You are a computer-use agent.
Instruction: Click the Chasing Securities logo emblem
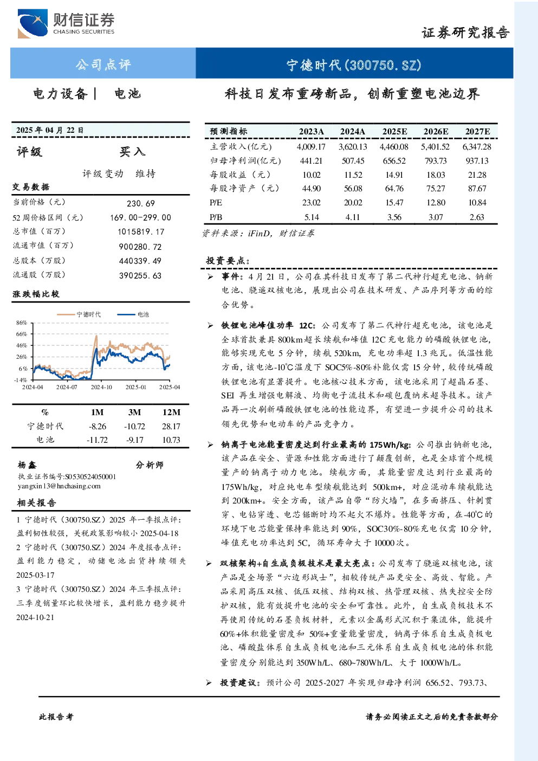coord(33,23)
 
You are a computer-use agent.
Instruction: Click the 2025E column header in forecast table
coord(394,132)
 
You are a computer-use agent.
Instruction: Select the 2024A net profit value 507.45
coord(353,160)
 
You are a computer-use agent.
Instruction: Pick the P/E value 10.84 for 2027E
coord(477,203)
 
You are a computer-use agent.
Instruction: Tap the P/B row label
coord(216,217)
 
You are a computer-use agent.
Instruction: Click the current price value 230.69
coord(141,203)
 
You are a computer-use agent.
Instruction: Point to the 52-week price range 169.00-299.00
coord(141,217)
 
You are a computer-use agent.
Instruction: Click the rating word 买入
coord(132,152)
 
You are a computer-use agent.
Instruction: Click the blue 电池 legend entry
coord(133,314)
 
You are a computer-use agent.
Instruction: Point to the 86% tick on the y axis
coord(21,323)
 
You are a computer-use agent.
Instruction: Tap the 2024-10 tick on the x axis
coord(101,387)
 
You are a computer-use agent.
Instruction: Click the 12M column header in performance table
coord(171,412)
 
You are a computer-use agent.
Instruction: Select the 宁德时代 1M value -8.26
coord(97,427)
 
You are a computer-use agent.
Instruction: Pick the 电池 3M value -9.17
coord(135,440)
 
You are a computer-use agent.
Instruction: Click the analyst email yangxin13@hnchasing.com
coord(59,486)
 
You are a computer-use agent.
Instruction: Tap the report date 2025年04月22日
coord(50,130)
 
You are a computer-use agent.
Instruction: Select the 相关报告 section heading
coord(36,503)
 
